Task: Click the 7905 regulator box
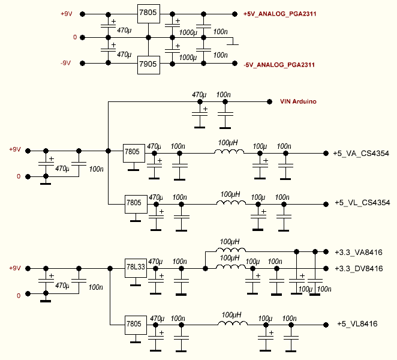149,64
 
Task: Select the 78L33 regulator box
135,268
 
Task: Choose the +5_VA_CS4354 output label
361,154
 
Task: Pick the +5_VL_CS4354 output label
362,203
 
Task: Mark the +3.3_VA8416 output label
360,251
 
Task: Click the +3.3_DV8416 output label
360,268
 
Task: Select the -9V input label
66,63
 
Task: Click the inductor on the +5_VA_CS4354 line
229,152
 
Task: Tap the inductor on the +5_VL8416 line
231,323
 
